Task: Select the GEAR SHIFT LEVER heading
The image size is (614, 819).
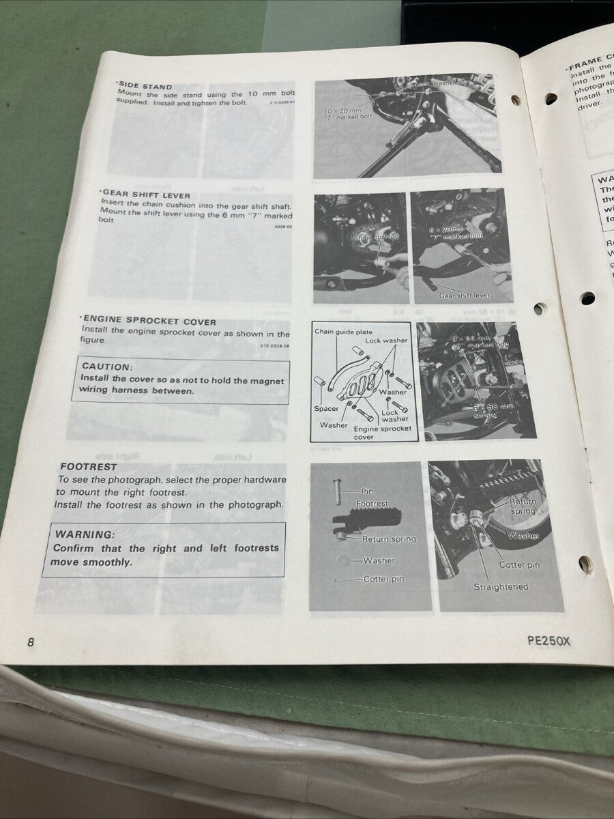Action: (146, 195)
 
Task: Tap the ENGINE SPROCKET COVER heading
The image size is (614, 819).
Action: (149, 321)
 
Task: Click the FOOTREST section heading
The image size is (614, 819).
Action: (88, 468)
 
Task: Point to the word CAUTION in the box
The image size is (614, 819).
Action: (106, 367)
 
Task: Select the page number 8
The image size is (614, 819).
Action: (30, 642)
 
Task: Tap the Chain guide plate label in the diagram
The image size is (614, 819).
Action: (343, 332)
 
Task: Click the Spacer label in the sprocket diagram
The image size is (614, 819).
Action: (326, 409)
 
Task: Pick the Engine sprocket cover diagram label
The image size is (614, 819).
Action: (382, 433)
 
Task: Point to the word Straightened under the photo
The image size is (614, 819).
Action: (501, 587)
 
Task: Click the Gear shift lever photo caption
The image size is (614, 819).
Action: (464, 296)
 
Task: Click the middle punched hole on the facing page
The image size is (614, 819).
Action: (587, 298)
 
